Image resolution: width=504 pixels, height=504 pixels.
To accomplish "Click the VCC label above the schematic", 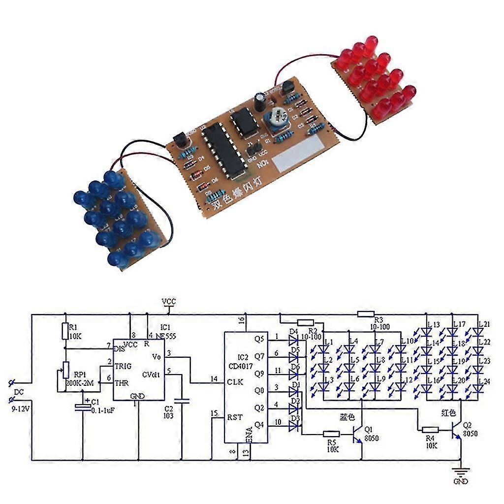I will (x=169, y=301).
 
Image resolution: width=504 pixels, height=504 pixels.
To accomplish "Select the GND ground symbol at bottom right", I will (x=461, y=473).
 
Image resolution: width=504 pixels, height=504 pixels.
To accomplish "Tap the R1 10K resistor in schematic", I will (x=65, y=331).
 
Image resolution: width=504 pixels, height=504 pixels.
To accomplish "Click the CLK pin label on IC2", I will (x=234, y=382).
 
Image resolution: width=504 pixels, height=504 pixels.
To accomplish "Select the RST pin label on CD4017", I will (x=234, y=416).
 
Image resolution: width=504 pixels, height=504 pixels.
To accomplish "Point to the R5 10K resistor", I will (x=331, y=434).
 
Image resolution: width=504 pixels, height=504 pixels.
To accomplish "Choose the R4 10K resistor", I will (x=430, y=430).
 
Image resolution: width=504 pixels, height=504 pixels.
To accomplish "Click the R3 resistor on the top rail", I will (x=366, y=314).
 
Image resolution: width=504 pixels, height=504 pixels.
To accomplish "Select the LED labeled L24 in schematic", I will (x=476, y=389).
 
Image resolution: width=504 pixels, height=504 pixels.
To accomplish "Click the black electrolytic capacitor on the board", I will (x=260, y=100).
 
